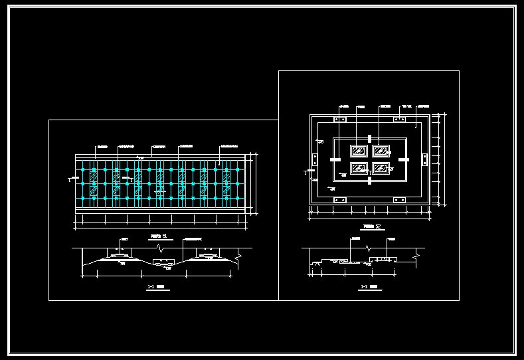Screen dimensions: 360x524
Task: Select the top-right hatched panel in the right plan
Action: (381, 150)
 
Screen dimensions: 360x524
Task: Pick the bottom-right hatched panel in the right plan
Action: (381, 167)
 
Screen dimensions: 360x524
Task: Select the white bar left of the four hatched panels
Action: (334, 159)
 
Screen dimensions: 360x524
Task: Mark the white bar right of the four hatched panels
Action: (403, 159)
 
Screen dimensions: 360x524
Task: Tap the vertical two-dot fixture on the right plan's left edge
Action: (314, 159)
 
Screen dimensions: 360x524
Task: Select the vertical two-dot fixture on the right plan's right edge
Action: (424, 159)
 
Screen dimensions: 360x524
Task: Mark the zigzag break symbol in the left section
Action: (158, 249)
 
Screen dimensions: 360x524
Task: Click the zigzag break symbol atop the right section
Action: (367, 248)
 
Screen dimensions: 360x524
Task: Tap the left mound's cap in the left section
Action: (120, 255)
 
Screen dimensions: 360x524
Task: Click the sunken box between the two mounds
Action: (163, 263)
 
